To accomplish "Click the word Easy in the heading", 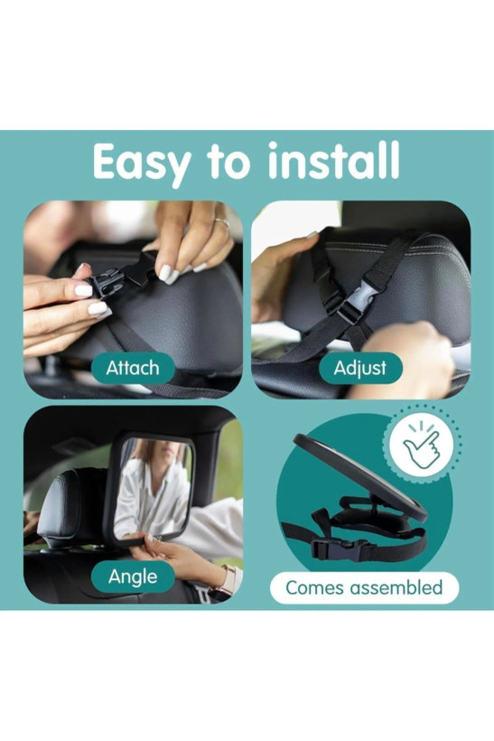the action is pyautogui.click(x=142, y=163).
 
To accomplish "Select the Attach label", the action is pyautogui.click(x=133, y=368).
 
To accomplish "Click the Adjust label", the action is pyautogui.click(x=360, y=368).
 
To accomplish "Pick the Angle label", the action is pyautogui.click(x=133, y=577).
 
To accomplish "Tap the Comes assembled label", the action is pyautogui.click(x=364, y=588).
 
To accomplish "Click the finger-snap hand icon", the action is pyautogui.click(x=421, y=446).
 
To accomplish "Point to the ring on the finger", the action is pyautogui.click(x=221, y=222).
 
